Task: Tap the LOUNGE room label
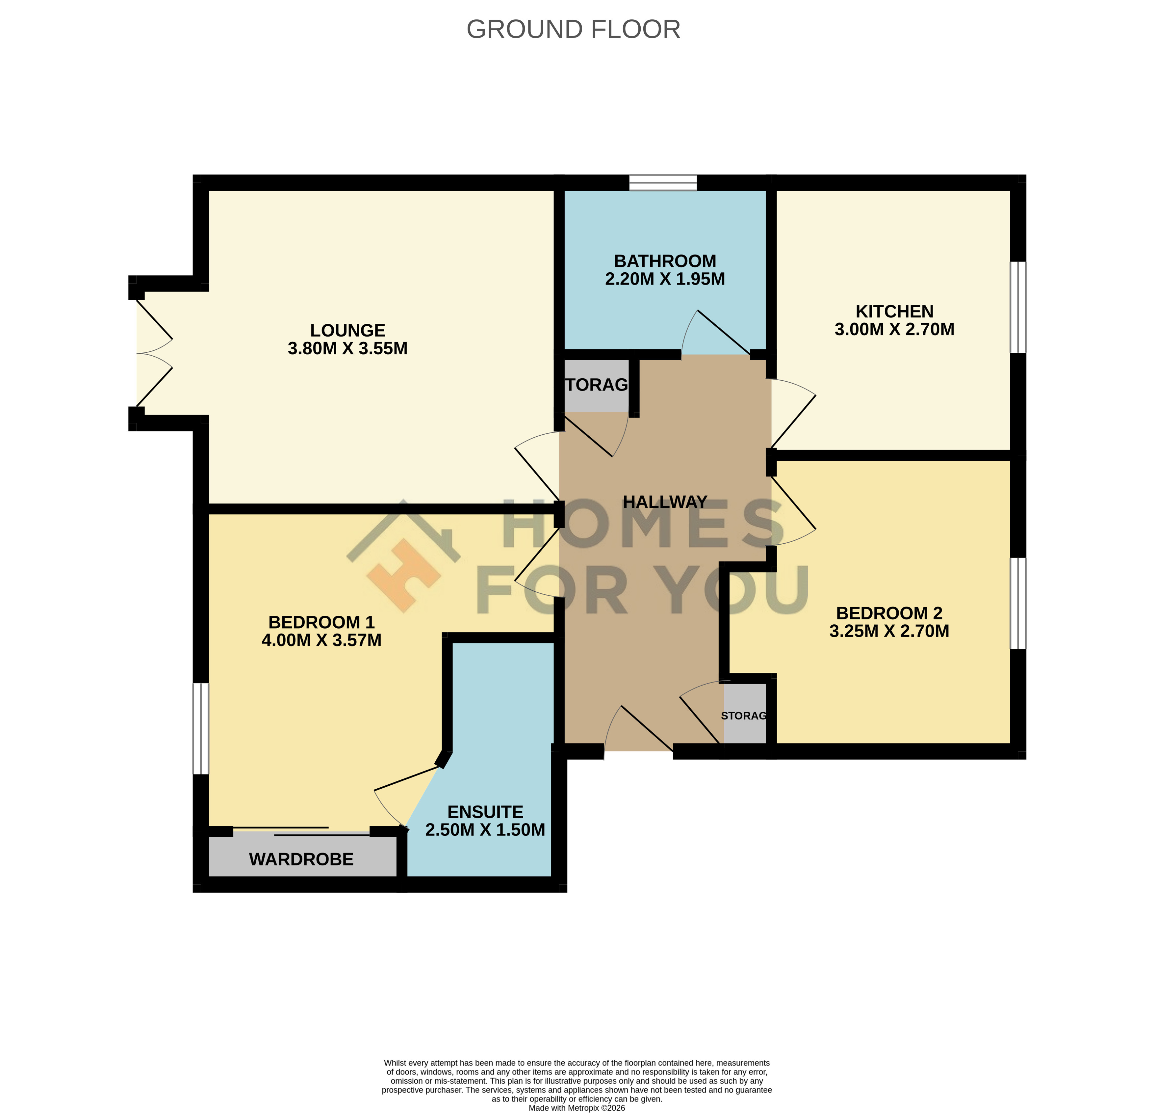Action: pyautogui.click(x=348, y=331)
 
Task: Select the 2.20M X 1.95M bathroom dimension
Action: pyautogui.click(x=665, y=279)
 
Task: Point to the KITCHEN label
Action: pyautogui.click(x=894, y=311)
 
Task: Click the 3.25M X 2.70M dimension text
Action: pyautogui.click(x=889, y=631)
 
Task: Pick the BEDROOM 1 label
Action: pyautogui.click(x=321, y=622)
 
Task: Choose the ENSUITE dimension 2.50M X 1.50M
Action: pyautogui.click(x=485, y=829)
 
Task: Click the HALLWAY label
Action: pyautogui.click(x=665, y=502)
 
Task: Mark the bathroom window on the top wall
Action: pyautogui.click(x=663, y=183)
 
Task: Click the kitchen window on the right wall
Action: pyautogui.click(x=1018, y=307)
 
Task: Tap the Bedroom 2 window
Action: pyautogui.click(x=1018, y=603)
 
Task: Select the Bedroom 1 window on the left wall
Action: pyautogui.click(x=201, y=728)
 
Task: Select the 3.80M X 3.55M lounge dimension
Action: pyautogui.click(x=348, y=348)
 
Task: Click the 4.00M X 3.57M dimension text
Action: pyautogui.click(x=321, y=640)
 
